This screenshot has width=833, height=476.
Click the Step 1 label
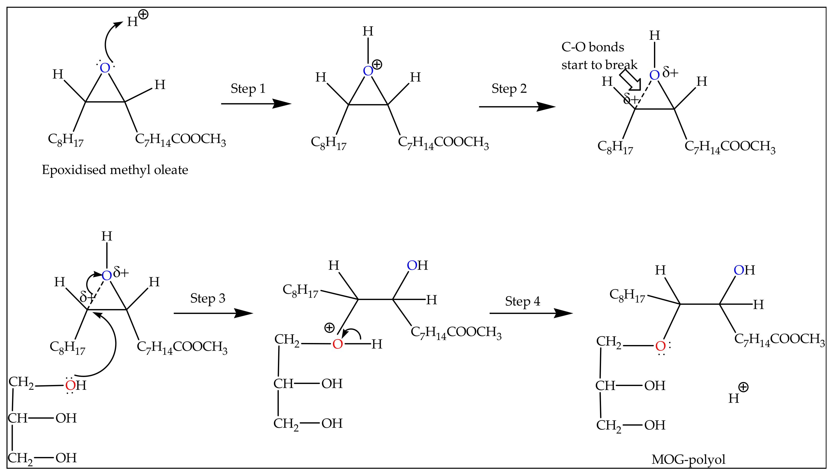248,88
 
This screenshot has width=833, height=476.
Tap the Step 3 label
208,298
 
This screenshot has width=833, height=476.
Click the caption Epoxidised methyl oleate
115,170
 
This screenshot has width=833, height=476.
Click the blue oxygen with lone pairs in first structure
105,68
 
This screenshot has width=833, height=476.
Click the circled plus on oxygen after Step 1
377,64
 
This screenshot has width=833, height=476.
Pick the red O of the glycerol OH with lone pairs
70,385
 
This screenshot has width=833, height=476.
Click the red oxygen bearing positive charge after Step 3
337,344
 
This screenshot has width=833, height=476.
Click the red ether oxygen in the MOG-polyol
660,346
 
